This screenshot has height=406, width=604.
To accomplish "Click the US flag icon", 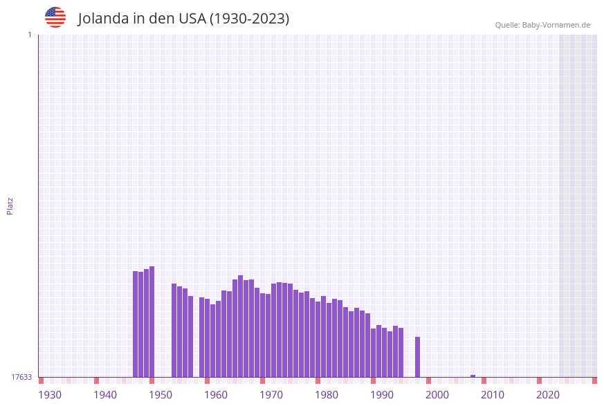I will (x=55, y=17).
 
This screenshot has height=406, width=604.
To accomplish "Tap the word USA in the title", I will (x=192, y=19).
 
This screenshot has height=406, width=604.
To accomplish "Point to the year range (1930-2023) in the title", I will (x=249, y=19).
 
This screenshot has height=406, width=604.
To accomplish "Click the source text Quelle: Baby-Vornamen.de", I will (x=542, y=25).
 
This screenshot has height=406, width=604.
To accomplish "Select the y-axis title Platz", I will (x=10, y=205).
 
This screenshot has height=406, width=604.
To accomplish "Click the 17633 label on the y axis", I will (x=21, y=377).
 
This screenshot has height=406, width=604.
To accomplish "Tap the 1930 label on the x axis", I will (x=50, y=395).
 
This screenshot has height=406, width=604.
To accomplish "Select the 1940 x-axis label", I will (x=105, y=395).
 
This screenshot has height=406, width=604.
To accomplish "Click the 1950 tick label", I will (x=161, y=395).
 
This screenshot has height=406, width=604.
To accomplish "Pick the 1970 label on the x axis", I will (x=271, y=395).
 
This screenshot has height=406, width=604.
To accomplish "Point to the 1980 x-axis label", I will (x=327, y=395).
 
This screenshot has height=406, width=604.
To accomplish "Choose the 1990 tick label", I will (x=382, y=395).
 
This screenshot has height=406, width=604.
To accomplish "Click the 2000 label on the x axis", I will (x=437, y=395).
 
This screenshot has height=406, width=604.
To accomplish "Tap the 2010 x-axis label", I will (x=493, y=395).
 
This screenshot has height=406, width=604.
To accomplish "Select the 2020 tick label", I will (x=548, y=395).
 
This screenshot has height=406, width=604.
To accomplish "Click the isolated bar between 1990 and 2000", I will (x=418, y=357).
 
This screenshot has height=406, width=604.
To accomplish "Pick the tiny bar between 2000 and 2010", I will (x=473, y=376).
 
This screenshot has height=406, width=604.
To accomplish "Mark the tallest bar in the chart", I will (x=152, y=322).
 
